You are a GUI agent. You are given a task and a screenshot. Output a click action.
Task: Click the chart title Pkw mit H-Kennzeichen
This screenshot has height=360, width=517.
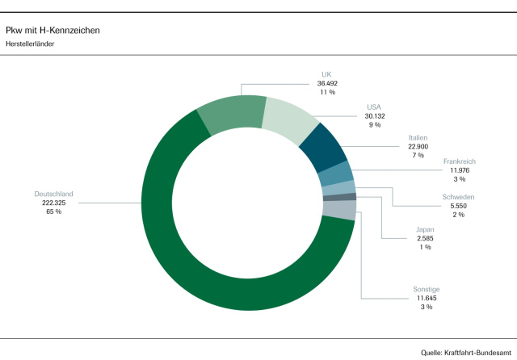point(53,30)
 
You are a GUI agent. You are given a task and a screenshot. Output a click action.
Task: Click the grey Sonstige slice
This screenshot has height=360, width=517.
point(339,209)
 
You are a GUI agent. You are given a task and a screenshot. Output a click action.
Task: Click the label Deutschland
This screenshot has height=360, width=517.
point(53,194)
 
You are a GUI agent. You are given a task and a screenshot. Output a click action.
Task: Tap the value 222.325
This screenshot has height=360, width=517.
point(53,203)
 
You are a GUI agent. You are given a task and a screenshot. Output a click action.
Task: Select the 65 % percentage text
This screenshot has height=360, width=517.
point(53,211)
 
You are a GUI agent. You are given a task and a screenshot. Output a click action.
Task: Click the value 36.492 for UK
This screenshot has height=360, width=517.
point(326,83)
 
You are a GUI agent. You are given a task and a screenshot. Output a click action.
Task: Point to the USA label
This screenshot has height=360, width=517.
point(374,107)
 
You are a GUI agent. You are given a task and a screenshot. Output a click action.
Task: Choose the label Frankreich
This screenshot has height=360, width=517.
point(460,161)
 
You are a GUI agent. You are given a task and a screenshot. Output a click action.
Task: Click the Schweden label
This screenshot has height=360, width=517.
point(458,197)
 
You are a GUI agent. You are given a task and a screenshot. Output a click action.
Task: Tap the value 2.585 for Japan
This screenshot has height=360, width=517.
point(424,238)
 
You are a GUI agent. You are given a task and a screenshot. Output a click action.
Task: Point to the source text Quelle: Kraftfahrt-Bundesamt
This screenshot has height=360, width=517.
point(466,353)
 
